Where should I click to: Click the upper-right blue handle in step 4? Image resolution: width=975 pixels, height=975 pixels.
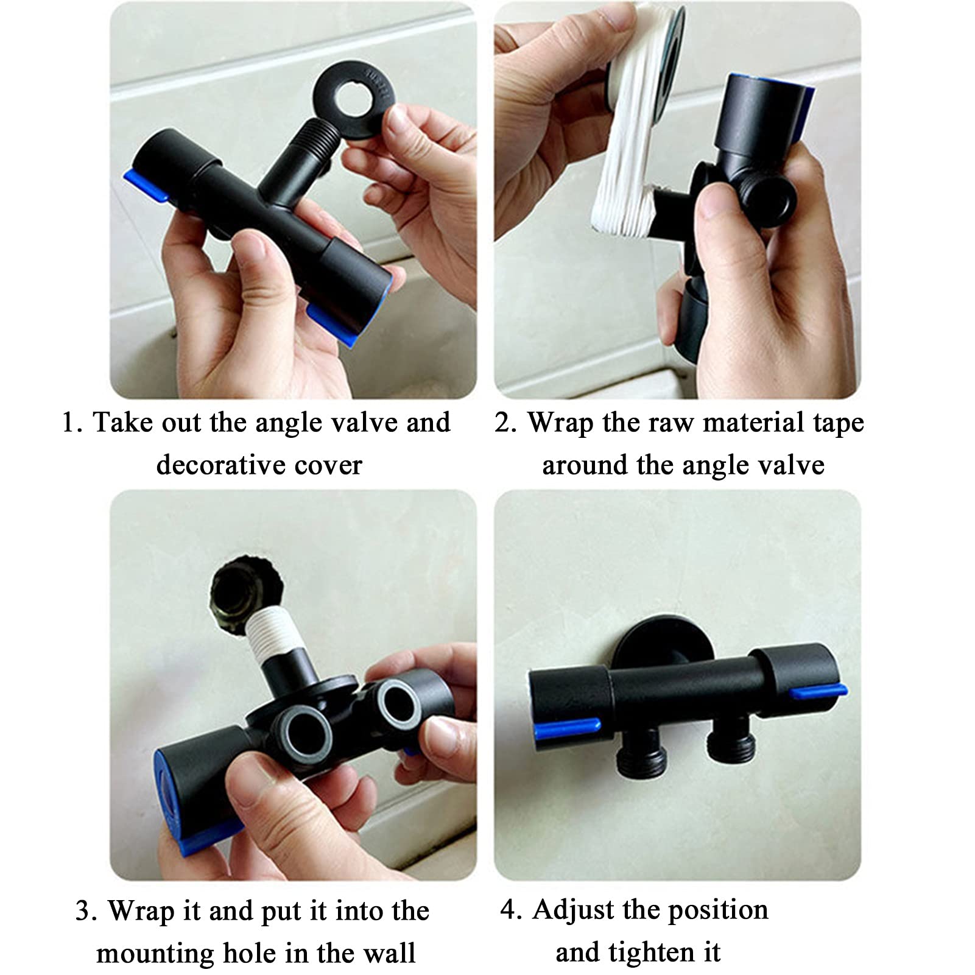816,691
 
